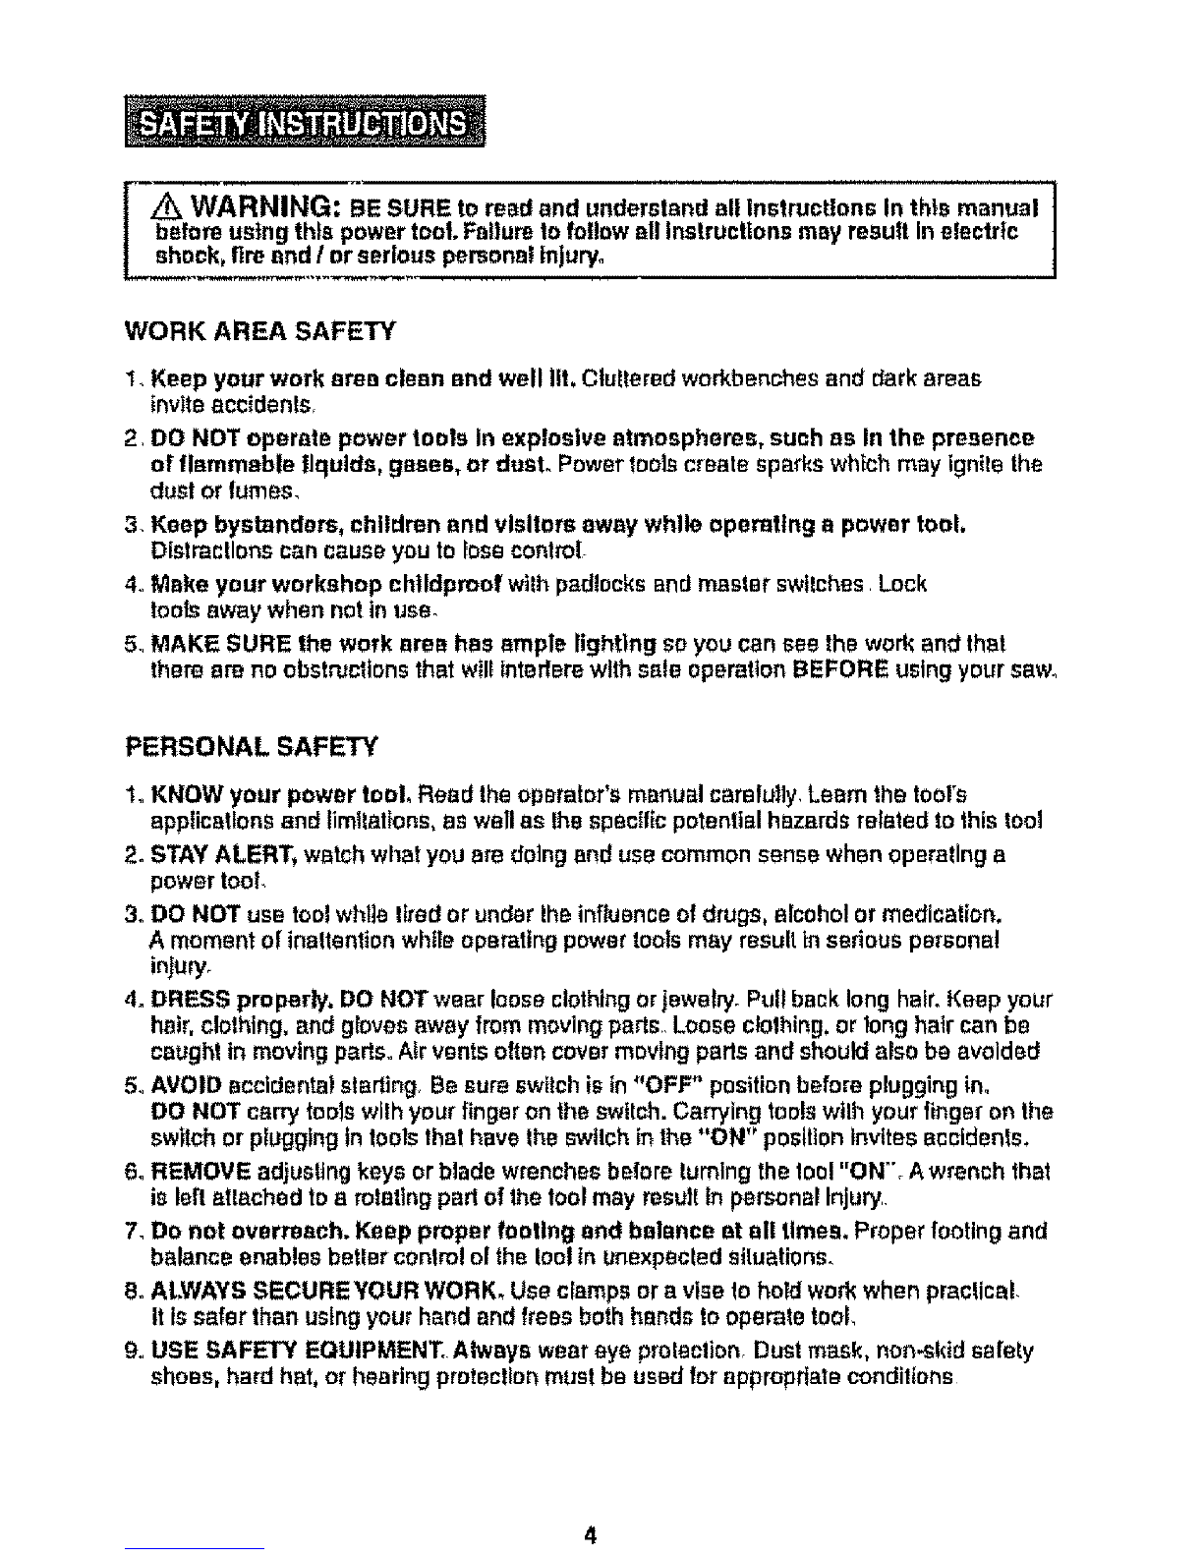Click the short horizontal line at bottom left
coord(196,1550)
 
